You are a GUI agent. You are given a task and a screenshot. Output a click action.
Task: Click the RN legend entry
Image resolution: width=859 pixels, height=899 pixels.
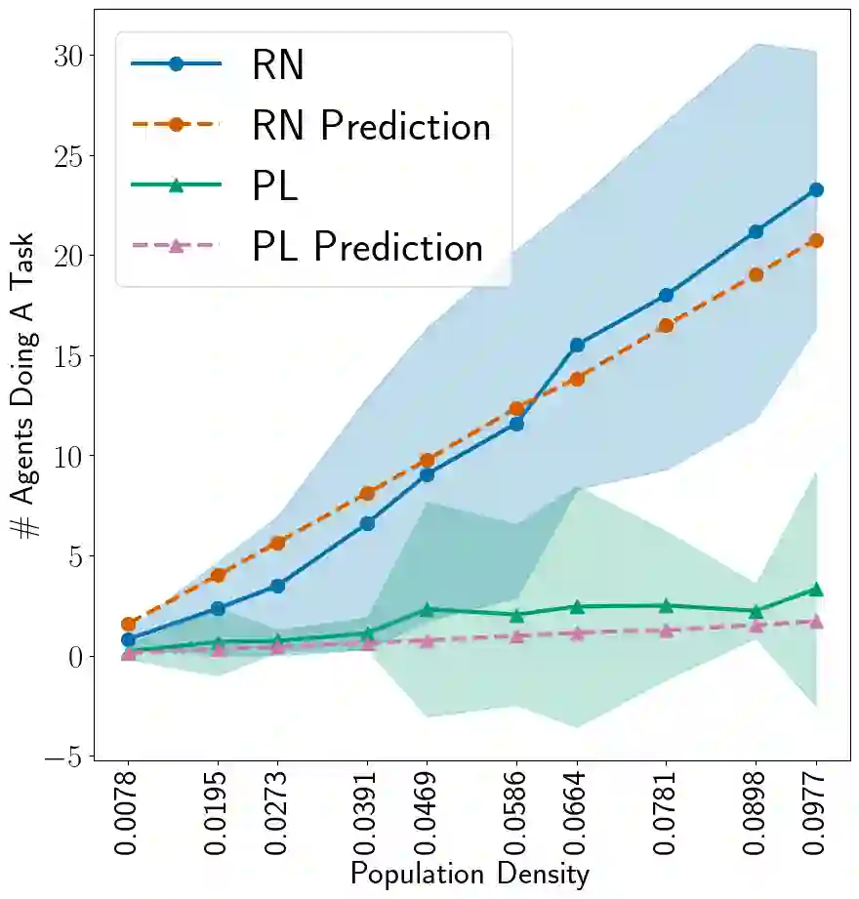pos(277,65)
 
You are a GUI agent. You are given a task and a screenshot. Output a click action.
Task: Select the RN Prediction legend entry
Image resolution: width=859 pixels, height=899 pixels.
pos(370,126)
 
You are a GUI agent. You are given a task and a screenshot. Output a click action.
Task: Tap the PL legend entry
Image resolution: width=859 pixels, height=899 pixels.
pos(274,186)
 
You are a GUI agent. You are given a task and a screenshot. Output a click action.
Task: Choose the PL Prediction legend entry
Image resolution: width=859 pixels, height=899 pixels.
pos(367,247)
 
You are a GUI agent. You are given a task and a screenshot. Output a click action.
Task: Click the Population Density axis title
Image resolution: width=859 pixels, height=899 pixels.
pos(470,874)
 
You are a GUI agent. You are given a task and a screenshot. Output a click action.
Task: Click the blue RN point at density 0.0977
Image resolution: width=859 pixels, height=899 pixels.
pos(816,189)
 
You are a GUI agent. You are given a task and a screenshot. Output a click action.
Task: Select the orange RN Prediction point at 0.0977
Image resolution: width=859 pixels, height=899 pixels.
pos(816,240)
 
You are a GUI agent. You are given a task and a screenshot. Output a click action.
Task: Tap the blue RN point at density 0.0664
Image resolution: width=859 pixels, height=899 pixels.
pos(577,345)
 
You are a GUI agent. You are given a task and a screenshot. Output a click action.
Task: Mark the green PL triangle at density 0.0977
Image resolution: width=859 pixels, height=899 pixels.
pos(816,590)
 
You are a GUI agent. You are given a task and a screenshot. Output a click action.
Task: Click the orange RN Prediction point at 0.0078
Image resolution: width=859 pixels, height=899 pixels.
pos(128,624)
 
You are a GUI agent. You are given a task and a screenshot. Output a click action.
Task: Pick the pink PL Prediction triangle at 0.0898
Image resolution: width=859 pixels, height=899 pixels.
pos(756,626)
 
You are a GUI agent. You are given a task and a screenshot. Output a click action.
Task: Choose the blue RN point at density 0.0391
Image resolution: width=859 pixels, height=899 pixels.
pos(367,523)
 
